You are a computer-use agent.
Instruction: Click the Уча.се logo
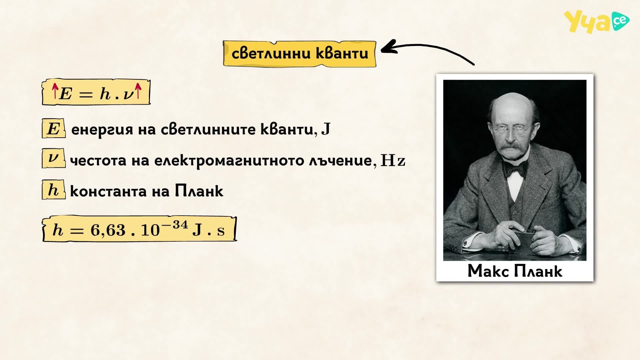tap(596, 22)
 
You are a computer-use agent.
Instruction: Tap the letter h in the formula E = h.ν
tap(105, 93)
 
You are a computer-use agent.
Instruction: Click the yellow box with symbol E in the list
tap(53, 128)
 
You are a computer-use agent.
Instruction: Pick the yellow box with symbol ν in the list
tap(53, 159)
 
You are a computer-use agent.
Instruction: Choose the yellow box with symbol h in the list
tap(53, 190)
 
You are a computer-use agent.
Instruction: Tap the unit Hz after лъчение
tap(393, 161)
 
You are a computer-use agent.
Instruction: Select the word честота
tap(98, 161)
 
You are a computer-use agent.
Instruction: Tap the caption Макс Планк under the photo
tap(515, 271)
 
